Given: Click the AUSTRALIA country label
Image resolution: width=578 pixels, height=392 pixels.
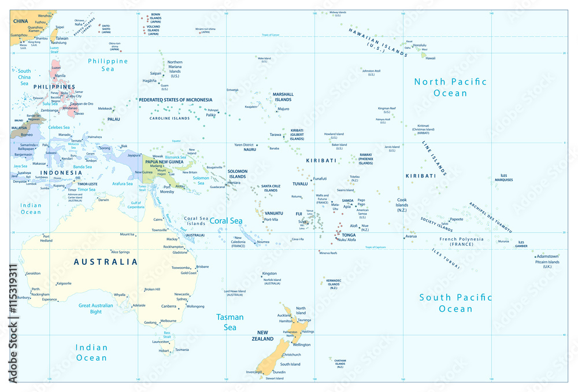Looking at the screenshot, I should coord(106,262).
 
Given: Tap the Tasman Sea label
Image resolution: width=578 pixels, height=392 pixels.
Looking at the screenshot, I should coord(230,322).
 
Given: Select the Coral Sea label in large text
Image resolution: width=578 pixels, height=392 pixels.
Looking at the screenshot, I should coord(226,221).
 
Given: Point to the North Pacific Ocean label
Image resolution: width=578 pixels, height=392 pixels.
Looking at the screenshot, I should coord(450,87).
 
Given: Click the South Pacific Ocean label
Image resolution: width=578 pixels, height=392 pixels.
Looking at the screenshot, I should coord(455,303).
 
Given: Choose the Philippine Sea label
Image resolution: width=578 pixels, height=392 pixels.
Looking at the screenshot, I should coord(108,65).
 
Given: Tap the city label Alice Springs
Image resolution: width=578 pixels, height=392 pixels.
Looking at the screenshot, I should coord(124,252).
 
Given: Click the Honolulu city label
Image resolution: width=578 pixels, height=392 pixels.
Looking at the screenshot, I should coord(420,45).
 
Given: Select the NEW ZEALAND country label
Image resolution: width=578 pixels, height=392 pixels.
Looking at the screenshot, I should coord(266,335).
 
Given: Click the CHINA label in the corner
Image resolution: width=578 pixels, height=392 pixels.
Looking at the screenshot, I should coord(21,21).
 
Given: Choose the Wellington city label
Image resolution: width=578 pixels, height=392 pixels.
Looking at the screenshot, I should coord(298,345).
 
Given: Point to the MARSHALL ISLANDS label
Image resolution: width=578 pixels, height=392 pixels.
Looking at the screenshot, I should coord(283,97).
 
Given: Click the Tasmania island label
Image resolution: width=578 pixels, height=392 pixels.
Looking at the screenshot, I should coord(181,350).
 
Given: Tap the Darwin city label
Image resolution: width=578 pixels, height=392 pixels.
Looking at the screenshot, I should coord(103,200).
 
